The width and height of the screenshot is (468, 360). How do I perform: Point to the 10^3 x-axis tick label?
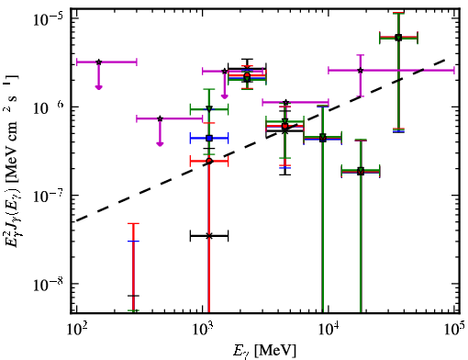click(x=203, y=329)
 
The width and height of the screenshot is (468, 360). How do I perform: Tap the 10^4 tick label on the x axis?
click(x=329, y=329)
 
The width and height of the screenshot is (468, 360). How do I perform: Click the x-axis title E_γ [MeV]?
click(x=264, y=351)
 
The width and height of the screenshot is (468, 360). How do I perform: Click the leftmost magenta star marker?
click(x=98, y=62)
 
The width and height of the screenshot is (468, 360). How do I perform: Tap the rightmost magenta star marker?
click(x=361, y=71)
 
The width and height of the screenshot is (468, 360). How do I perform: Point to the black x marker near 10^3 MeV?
click(x=209, y=236)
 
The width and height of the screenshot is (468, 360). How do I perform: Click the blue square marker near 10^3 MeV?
click(x=209, y=138)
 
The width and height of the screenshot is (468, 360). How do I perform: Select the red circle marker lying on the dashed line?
click(x=209, y=161)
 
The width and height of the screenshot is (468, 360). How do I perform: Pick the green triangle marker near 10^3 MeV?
click(x=209, y=108)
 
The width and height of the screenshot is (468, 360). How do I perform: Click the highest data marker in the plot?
click(x=398, y=38)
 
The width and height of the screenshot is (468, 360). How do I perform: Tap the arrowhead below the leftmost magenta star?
click(x=98, y=87)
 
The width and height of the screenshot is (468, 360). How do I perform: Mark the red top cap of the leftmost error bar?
click(x=133, y=223)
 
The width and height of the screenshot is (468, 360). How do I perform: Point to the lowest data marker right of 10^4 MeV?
click(x=361, y=171)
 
